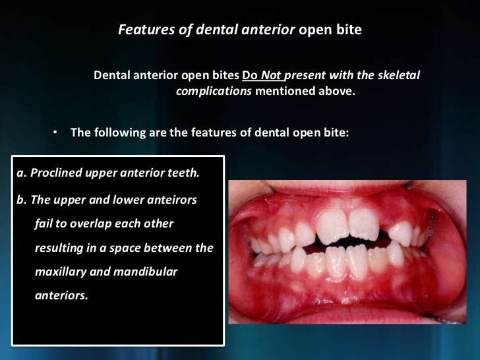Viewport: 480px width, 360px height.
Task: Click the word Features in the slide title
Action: (x=144, y=30)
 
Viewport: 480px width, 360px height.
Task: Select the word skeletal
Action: (x=396, y=75)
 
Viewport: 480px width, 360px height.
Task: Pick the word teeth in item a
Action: (x=183, y=173)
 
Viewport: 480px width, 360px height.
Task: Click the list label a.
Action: (x=19, y=173)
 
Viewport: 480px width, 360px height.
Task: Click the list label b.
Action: (x=19, y=199)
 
